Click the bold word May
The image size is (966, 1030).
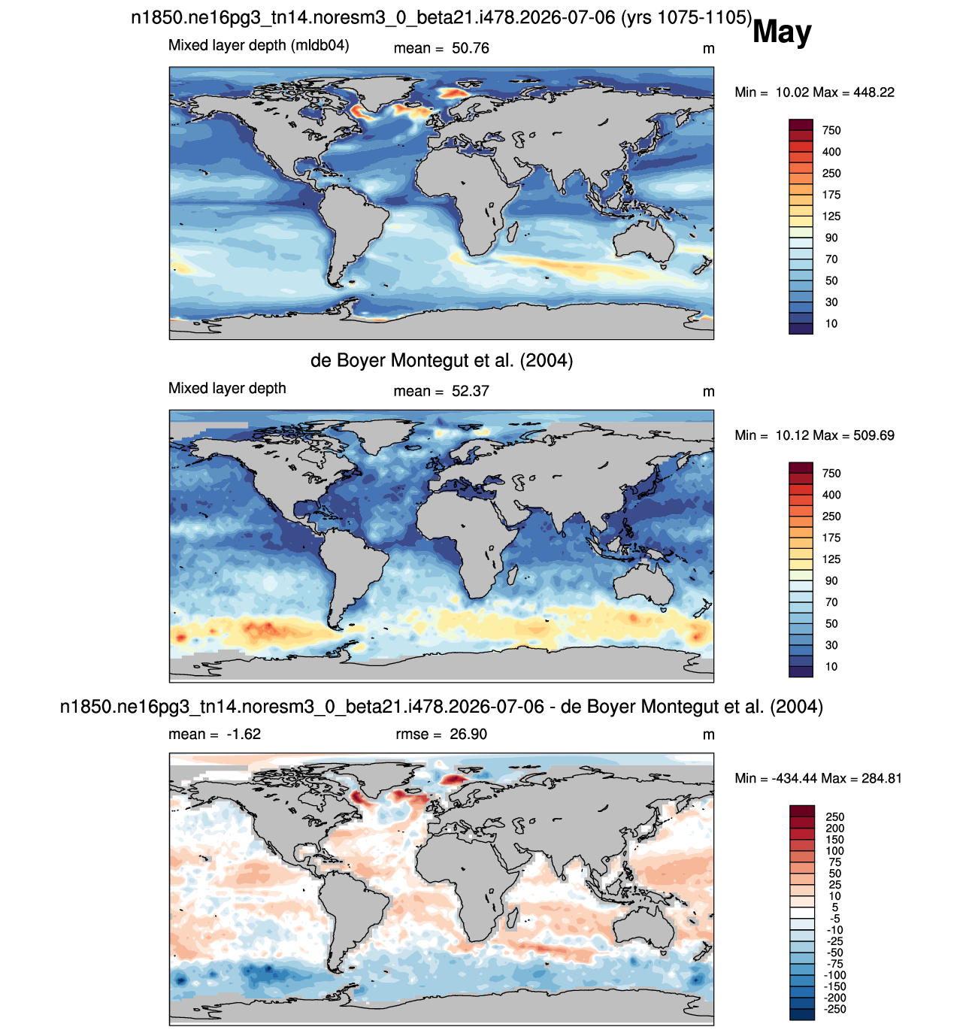pos(781,32)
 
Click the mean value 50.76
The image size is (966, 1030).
pos(470,48)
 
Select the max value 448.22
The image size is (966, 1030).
pos(874,92)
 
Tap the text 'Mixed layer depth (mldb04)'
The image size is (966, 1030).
pos(259,46)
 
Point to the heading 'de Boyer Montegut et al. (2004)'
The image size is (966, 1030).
pos(441,360)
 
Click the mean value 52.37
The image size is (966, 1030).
pos(470,391)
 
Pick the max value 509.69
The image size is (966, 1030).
pos(874,435)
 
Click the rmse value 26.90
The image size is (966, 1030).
pos(468,734)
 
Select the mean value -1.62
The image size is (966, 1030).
pos(244,734)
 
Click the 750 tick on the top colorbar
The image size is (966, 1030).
pos(831,130)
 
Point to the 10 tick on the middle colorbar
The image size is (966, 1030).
pos(831,666)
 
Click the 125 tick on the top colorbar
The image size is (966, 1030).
pos(831,217)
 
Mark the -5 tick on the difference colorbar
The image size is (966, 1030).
pos(834,919)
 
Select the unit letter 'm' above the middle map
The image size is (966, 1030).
pos(708,392)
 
